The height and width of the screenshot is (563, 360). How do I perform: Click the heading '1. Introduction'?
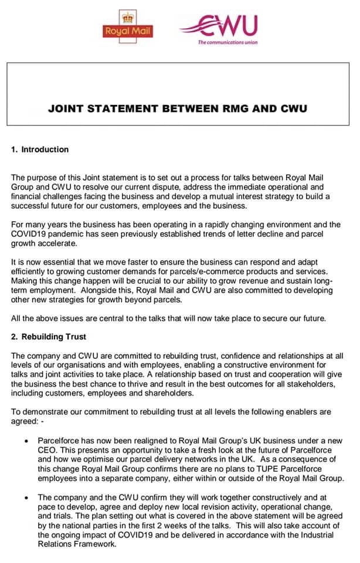(40, 149)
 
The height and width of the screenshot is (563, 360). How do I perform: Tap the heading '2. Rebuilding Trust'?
(48, 337)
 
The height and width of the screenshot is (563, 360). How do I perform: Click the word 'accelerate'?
(59, 243)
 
